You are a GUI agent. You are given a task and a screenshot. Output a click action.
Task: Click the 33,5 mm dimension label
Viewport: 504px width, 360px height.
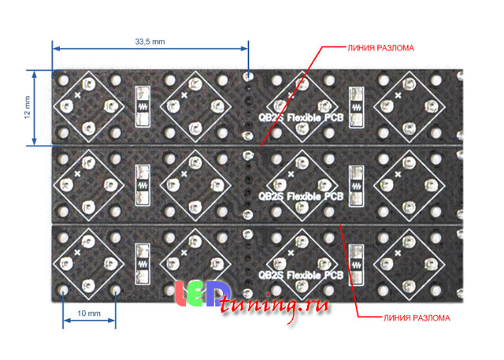click(x=150, y=42)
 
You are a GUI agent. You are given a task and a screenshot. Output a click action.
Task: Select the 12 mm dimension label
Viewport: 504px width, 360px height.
click(x=28, y=107)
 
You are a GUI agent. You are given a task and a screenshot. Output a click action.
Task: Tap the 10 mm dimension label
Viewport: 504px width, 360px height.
click(x=89, y=313)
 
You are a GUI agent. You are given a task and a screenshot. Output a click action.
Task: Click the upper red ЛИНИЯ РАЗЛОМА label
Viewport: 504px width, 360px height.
click(x=380, y=48)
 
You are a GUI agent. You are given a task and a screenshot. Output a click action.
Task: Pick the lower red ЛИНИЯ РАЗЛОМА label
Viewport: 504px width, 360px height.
click(x=417, y=318)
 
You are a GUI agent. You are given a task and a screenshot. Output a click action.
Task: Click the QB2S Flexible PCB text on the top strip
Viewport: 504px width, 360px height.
click(x=301, y=117)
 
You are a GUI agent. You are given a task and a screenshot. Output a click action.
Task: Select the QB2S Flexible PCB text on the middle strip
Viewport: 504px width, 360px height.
click(x=301, y=196)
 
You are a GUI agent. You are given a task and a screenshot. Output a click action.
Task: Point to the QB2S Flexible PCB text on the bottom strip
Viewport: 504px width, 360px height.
click(x=301, y=275)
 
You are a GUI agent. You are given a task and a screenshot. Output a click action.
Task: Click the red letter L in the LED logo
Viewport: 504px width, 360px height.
click(x=180, y=294)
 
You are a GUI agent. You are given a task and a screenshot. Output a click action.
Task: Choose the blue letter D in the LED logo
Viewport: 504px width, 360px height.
click(x=216, y=294)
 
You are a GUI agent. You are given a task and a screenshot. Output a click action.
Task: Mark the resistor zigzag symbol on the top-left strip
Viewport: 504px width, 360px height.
click(x=143, y=106)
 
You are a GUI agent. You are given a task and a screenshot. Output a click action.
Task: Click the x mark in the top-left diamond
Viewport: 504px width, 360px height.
click(x=77, y=95)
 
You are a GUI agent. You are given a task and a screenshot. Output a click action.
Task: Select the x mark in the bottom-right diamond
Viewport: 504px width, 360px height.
click(x=398, y=253)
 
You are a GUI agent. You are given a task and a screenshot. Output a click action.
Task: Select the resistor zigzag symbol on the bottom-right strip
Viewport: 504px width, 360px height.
click(x=356, y=265)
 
